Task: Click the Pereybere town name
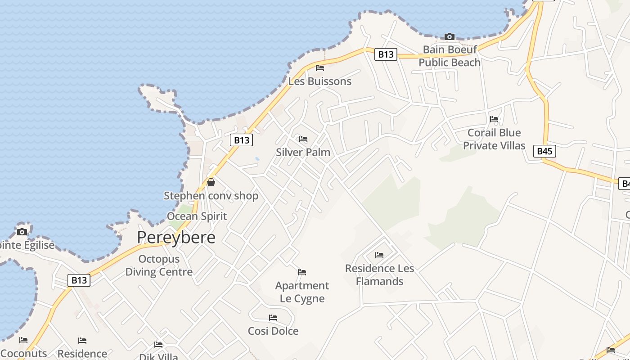click(176, 237)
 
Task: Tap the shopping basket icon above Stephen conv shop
click(211, 182)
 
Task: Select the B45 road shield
click(544, 151)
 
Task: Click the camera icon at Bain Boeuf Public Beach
click(449, 36)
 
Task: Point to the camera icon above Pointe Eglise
click(22, 232)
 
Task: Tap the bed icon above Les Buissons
click(320, 68)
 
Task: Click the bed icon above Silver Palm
click(303, 139)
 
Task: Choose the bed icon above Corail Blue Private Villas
click(494, 119)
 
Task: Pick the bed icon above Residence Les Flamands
click(379, 255)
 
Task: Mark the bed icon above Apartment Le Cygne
click(302, 272)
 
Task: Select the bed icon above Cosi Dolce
click(273, 318)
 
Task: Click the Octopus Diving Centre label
click(159, 265)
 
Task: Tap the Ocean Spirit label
click(197, 216)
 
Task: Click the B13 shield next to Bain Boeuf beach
click(386, 54)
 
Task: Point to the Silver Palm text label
click(303, 152)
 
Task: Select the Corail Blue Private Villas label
click(494, 139)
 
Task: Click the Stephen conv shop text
click(211, 196)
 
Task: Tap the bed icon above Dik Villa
click(158, 345)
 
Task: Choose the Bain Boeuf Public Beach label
click(450, 56)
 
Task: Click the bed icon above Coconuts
click(23, 340)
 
